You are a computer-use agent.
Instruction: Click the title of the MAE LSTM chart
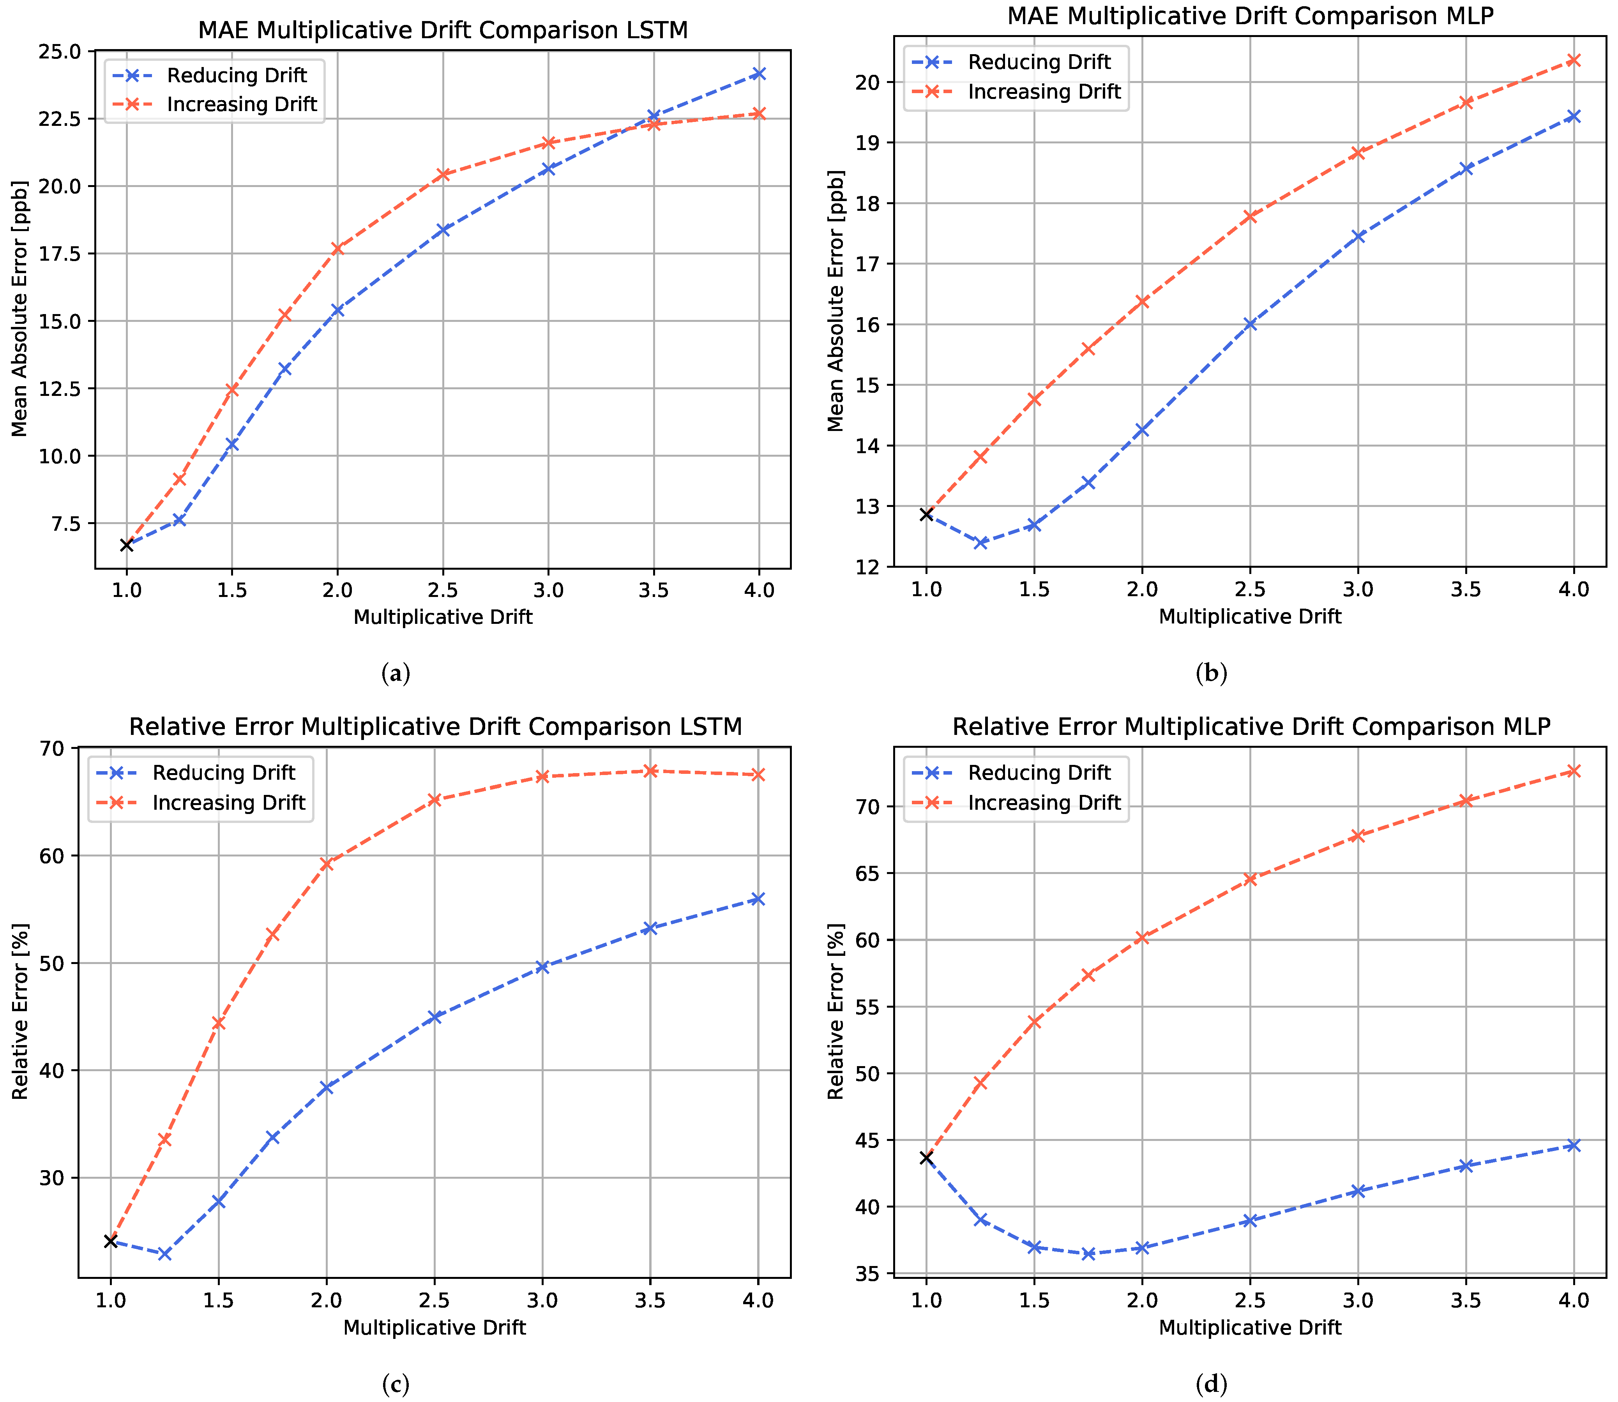point(443,30)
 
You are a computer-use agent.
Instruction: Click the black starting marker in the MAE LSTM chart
point(127,544)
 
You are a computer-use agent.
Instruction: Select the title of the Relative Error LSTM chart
point(435,727)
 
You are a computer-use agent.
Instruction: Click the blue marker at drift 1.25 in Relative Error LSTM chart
point(164,1254)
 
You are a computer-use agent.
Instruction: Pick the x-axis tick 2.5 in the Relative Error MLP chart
point(1249,1300)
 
